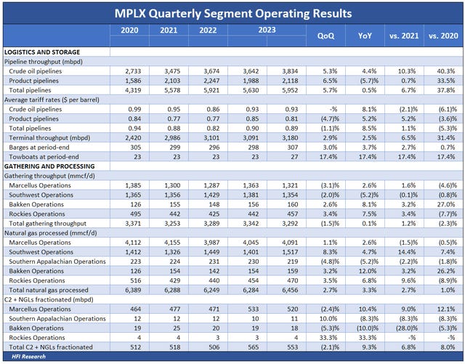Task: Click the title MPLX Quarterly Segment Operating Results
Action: pyautogui.click(x=232, y=13)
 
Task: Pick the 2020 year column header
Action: pyautogui.click(x=129, y=31)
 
